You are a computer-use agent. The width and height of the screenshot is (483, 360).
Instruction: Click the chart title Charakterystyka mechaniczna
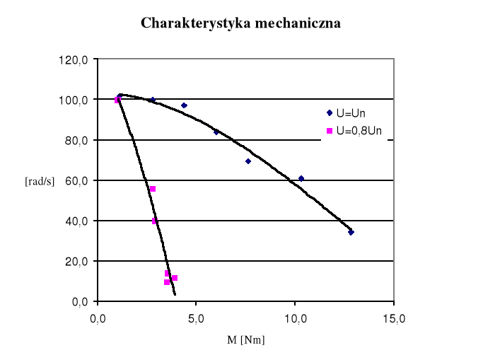coord(241,23)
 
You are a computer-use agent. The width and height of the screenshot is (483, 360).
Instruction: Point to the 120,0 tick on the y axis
coord(73,59)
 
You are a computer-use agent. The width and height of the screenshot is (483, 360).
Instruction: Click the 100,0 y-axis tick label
coord(73,100)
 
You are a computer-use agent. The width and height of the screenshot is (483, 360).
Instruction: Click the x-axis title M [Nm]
coord(246,340)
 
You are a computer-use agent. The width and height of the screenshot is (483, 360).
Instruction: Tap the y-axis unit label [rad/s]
coord(40,181)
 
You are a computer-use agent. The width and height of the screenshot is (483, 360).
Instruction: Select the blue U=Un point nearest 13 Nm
coord(351,232)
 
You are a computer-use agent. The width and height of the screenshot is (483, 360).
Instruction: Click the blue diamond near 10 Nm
coord(301,178)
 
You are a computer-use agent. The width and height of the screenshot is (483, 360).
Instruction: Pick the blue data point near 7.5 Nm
coord(248,161)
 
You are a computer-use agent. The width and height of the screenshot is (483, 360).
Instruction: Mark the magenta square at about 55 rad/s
coord(153,189)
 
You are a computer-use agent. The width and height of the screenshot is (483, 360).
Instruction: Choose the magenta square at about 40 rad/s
coord(155,221)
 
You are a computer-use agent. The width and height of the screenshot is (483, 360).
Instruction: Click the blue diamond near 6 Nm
coord(216,132)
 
